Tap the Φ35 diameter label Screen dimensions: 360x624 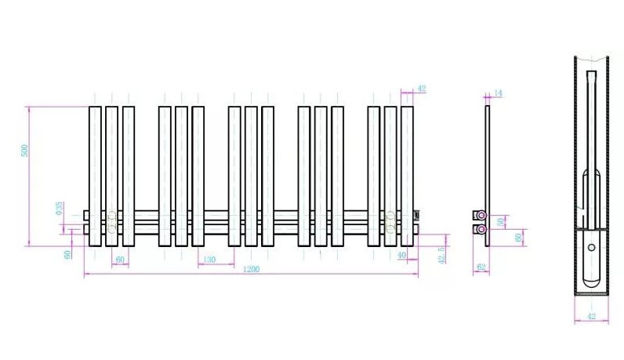[x=59, y=208]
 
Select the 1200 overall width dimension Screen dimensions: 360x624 [x=251, y=269]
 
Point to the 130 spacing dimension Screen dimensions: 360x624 [x=209, y=260]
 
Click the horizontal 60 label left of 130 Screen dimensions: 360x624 [x=120, y=260]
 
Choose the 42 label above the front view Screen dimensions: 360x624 [x=422, y=89]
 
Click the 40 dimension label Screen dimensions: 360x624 [x=401, y=256]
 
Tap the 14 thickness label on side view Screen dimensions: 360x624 [x=498, y=93]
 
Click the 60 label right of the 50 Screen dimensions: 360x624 [x=517, y=237]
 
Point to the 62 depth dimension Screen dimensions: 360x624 [x=481, y=268]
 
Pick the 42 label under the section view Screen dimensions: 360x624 [x=591, y=317]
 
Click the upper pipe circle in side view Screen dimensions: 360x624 [x=481, y=215]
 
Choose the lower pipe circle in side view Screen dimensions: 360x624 [x=481, y=229]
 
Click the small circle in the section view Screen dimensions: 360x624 [x=591, y=249]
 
